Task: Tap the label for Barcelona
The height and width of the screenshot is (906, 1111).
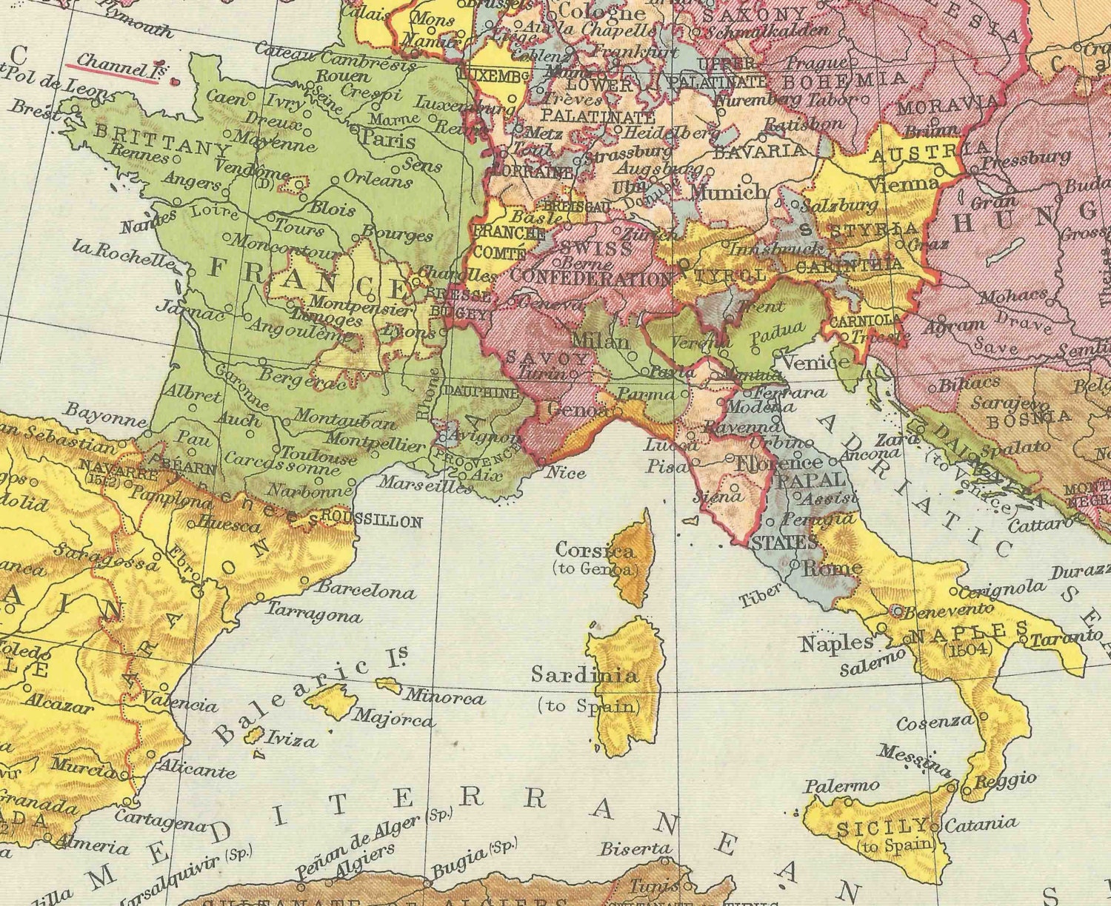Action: click(366, 591)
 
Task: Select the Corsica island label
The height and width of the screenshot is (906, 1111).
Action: click(595, 550)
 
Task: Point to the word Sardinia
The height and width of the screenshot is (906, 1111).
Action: click(584, 674)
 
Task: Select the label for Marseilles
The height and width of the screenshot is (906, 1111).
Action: click(425, 486)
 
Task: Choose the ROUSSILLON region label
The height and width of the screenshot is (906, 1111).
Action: click(373, 520)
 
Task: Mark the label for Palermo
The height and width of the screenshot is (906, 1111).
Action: click(842, 785)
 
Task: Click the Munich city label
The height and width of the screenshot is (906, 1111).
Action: click(729, 191)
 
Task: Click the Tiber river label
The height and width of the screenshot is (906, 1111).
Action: click(761, 594)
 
